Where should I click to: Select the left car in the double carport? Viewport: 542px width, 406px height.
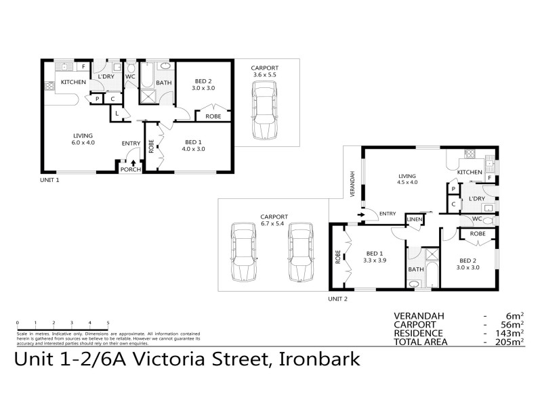click(243, 252)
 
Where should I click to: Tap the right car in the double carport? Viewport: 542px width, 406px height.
click(301, 252)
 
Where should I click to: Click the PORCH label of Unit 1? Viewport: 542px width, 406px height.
click(130, 169)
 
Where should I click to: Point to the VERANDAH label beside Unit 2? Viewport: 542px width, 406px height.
click(352, 184)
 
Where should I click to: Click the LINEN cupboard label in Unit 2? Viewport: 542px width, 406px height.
click(415, 219)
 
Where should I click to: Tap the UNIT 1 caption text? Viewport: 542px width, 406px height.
click(49, 181)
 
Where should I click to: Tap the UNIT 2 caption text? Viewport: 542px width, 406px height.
click(337, 298)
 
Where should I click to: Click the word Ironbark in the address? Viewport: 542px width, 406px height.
click(318, 360)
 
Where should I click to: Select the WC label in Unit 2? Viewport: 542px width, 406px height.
click(476, 219)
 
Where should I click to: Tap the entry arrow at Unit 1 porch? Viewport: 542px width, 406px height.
click(133, 162)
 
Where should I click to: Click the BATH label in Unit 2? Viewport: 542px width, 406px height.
click(415, 269)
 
